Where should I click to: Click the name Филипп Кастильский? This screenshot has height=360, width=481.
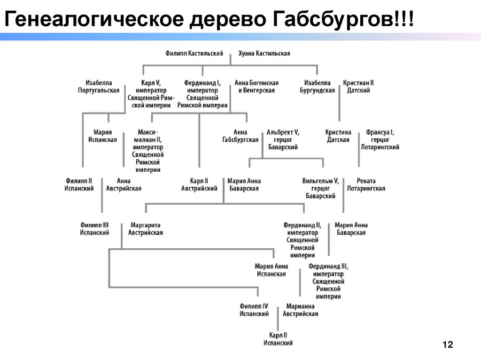click(x=194, y=54)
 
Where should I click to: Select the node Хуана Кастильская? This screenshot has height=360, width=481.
click(x=264, y=54)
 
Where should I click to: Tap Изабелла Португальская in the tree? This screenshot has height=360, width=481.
click(x=99, y=86)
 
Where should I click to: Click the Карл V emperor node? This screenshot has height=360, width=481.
click(x=151, y=94)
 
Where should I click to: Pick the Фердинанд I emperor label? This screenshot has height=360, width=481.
click(x=202, y=94)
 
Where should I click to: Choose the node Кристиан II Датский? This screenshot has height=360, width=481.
click(x=358, y=86)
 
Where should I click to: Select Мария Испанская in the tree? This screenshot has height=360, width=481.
click(x=102, y=136)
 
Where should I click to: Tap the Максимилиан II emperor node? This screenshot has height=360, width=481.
click(x=148, y=151)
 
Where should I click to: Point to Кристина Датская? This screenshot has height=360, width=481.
click(x=338, y=136)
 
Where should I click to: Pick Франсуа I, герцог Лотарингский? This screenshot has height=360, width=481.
click(x=380, y=140)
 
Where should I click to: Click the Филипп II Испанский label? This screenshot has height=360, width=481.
click(x=79, y=184)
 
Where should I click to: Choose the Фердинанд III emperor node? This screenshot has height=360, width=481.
click(x=328, y=281)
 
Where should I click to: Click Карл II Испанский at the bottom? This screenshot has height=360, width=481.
click(x=278, y=339)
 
